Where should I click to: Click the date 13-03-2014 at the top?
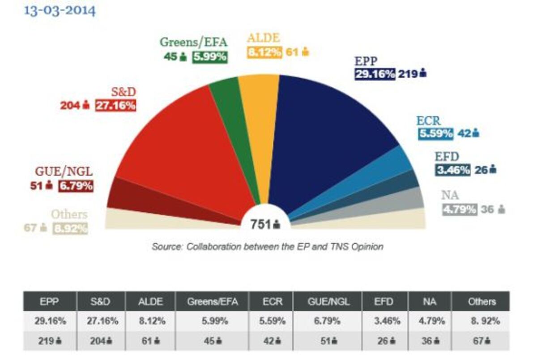click(60, 10)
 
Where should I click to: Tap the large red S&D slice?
click(188, 148)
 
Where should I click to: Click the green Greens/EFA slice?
click(228, 116)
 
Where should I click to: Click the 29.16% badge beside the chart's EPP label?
click(375, 74)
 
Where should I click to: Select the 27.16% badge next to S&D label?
click(115, 106)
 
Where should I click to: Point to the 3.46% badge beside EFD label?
click(452, 170)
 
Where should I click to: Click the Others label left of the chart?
click(69, 214)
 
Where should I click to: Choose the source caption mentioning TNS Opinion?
click(267, 246)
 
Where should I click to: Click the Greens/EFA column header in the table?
click(212, 301)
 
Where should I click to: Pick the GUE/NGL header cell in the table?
click(328, 301)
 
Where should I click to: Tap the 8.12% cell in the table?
click(150, 321)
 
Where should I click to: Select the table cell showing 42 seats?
click(271, 340)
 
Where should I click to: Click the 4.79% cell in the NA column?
click(429, 321)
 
